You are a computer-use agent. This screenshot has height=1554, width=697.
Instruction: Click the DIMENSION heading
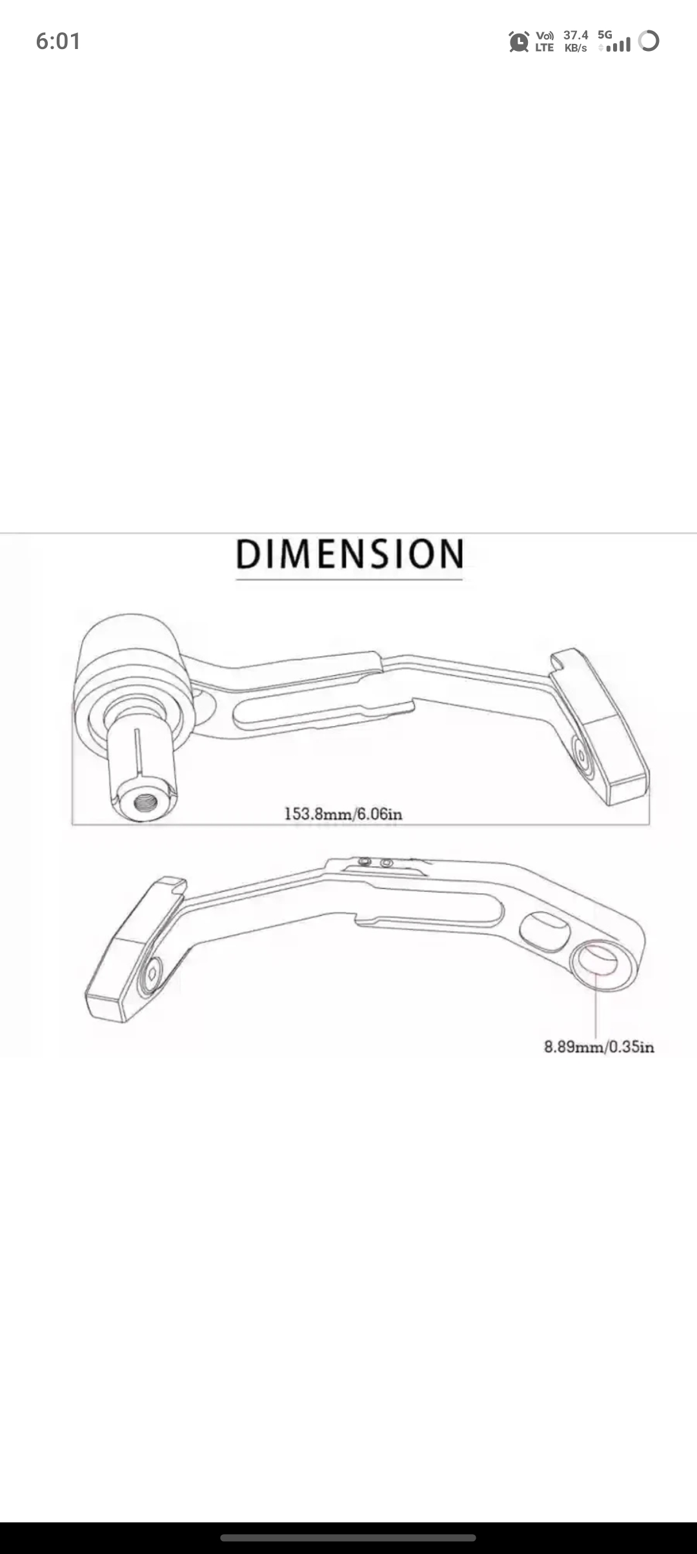click(x=349, y=554)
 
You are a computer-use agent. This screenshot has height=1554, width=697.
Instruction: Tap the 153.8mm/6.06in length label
click(x=343, y=814)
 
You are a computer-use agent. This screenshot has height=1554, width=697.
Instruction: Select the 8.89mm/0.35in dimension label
click(x=599, y=1046)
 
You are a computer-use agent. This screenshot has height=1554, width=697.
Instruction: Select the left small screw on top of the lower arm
click(x=365, y=862)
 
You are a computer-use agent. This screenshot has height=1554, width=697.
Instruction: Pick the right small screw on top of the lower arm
click(x=387, y=863)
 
